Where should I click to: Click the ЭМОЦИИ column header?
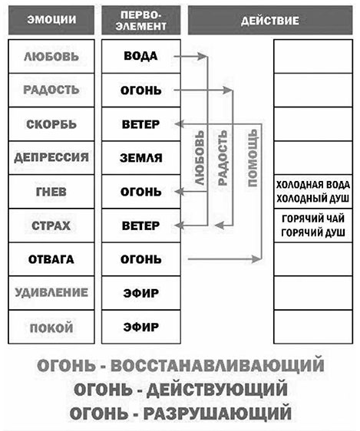coord(51,21)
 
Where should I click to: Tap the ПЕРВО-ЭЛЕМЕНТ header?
coord(140,21)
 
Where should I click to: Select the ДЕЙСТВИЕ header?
coord(270,21)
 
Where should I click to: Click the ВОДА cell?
coord(140,56)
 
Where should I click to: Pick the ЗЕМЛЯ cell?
coord(140,158)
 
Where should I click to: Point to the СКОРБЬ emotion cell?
coord(51,124)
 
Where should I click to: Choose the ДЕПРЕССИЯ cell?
coord(51,158)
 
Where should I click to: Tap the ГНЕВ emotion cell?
coord(51,192)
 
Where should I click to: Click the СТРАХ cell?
coord(51,225)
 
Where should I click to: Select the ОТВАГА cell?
coord(51,259)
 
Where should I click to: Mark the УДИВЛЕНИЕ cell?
coord(51,293)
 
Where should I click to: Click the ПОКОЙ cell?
coord(51,327)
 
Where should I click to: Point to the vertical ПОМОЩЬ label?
coord(253,158)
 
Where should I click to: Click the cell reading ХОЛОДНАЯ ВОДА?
coord(313,192)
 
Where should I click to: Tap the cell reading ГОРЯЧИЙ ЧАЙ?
coord(313,225)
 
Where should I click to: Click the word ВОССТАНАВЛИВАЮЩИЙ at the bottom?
coord(217,366)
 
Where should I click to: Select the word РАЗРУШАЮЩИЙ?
coord(217,413)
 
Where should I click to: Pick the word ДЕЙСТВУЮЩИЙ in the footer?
coord(217,390)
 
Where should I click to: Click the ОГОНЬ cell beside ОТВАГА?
coord(140,259)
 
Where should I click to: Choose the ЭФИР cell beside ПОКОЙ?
coord(140,327)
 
